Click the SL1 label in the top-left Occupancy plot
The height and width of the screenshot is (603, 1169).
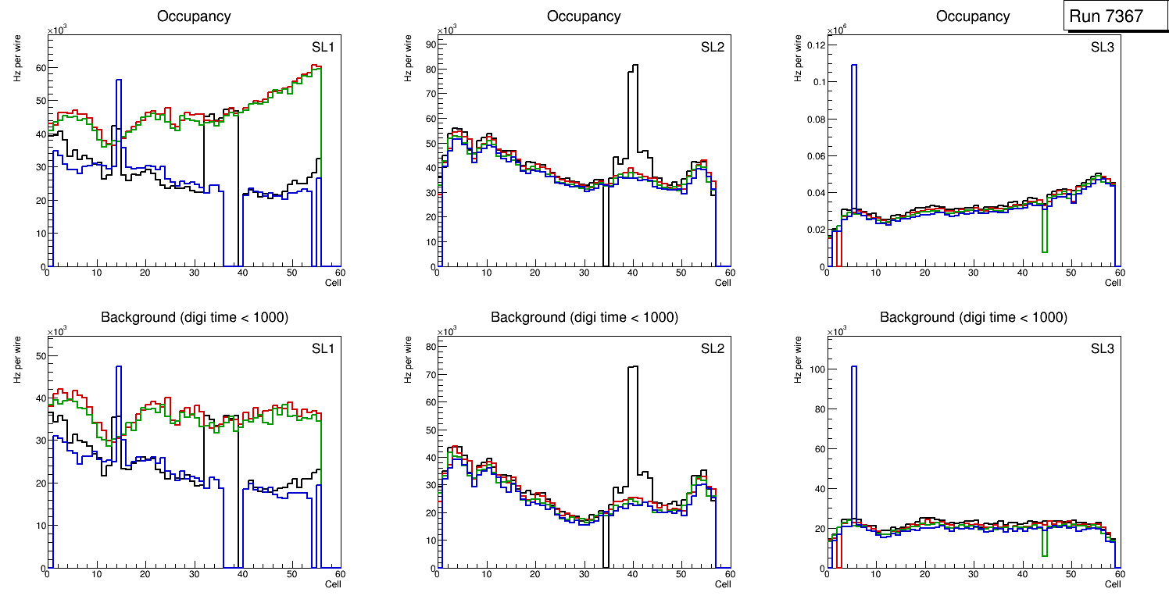tap(323, 48)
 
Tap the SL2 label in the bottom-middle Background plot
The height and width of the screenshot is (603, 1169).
tap(712, 348)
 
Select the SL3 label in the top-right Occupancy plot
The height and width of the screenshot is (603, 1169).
tap(1102, 48)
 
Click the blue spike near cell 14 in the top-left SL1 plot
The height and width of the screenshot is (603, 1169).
tap(118, 81)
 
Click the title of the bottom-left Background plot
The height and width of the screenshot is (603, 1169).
tap(194, 317)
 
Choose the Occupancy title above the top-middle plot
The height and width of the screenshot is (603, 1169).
tap(584, 16)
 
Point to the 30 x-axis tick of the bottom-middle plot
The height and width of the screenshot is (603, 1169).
tap(583, 575)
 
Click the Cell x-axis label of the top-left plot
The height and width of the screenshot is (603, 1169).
tap(333, 283)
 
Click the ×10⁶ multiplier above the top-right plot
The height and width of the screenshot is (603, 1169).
tap(836, 30)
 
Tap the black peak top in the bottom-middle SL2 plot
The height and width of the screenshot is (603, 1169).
tap(633, 367)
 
